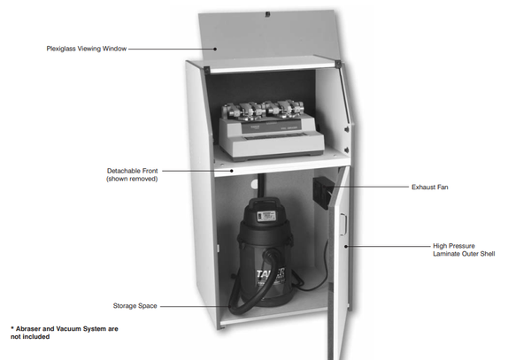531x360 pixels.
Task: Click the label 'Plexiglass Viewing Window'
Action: pos(87,49)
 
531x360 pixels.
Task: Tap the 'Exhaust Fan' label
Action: pos(430,188)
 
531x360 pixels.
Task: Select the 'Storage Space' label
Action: pos(135,306)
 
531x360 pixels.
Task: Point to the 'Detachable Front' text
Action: pos(133,171)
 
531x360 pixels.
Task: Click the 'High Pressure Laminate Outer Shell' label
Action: pos(464,249)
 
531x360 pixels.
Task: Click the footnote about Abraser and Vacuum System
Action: pos(65,333)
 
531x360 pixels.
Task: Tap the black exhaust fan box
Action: pos(323,192)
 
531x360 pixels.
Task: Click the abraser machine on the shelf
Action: pos(271,130)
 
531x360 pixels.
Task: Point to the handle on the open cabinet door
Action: pos(342,225)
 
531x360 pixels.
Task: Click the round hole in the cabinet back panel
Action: pos(255,184)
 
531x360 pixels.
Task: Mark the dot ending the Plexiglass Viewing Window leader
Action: pos(215,49)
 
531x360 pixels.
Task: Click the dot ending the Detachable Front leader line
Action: pos(232,171)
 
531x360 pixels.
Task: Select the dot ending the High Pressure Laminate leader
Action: pos(346,246)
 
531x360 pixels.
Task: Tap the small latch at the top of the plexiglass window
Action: pos(267,14)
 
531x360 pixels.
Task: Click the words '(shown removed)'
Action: pos(132,179)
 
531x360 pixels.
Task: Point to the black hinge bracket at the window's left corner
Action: pos(206,70)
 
